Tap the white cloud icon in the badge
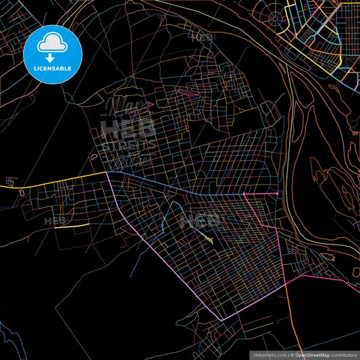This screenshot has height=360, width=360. click(x=53, y=43)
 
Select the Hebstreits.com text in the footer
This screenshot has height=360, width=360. click(x=267, y=355)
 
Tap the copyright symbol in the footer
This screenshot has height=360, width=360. click(x=291, y=355)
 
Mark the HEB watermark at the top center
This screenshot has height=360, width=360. click(x=202, y=38)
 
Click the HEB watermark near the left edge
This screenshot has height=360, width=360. click(x=55, y=221)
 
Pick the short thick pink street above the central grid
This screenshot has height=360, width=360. click(x=189, y=93)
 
